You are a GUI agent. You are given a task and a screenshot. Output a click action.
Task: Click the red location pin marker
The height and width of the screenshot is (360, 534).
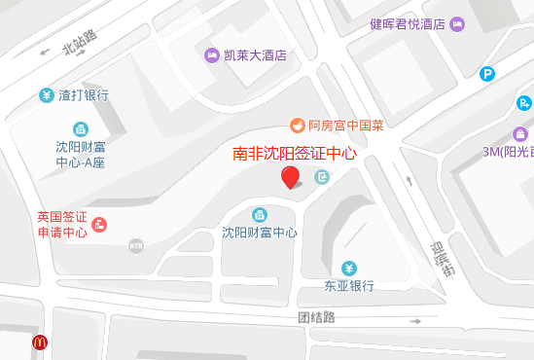point(290,177)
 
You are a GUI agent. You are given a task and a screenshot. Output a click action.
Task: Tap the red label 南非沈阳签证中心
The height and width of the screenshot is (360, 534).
point(295,154)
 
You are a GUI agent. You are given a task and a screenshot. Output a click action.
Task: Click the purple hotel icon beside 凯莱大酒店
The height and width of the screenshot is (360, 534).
point(212,55)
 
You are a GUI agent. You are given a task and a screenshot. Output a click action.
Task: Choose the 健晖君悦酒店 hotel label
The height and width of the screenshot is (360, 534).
point(408,24)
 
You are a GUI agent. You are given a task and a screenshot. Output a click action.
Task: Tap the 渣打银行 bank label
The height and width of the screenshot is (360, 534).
point(84,95)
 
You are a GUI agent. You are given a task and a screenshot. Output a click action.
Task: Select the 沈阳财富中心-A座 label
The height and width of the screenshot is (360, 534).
point(80,155)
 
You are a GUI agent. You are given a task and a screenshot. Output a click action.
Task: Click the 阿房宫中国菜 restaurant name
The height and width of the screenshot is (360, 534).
point(346,126)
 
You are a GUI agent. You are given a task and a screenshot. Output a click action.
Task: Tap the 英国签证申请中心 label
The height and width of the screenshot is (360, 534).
point(61,224)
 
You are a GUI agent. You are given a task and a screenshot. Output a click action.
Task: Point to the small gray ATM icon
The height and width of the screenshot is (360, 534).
point(135,245)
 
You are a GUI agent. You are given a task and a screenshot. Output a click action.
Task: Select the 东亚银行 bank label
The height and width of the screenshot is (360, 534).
point(349,286)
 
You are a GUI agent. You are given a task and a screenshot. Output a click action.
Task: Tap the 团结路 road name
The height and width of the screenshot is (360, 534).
point(316,317)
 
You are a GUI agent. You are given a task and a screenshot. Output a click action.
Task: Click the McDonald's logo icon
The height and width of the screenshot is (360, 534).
point(40,342)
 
